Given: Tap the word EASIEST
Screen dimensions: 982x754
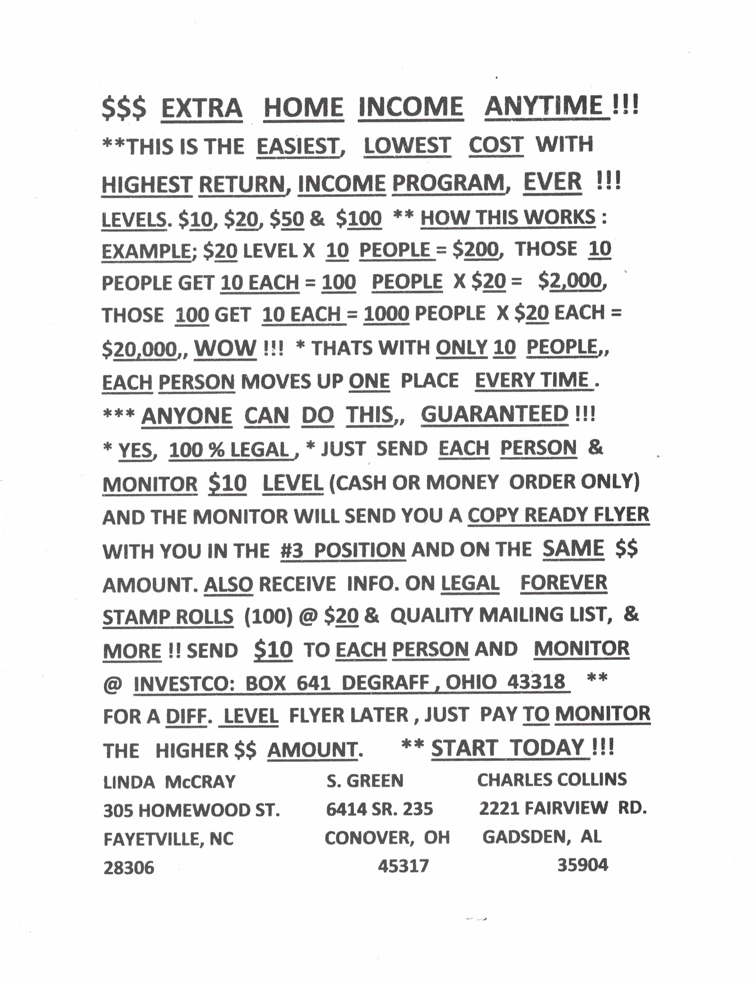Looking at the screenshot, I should click(297, 146).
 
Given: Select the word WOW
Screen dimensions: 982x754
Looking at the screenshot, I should click(225, 348).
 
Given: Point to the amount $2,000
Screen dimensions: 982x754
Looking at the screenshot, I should click(572, 281).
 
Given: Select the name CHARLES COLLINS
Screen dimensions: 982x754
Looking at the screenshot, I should click(552, 779).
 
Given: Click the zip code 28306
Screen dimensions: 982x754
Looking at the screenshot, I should click(129, 868).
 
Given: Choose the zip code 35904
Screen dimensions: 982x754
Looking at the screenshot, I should click(582, 864).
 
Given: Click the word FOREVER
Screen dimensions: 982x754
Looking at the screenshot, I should click(563, 583).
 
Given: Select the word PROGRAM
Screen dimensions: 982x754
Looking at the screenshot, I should click(449, 183).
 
